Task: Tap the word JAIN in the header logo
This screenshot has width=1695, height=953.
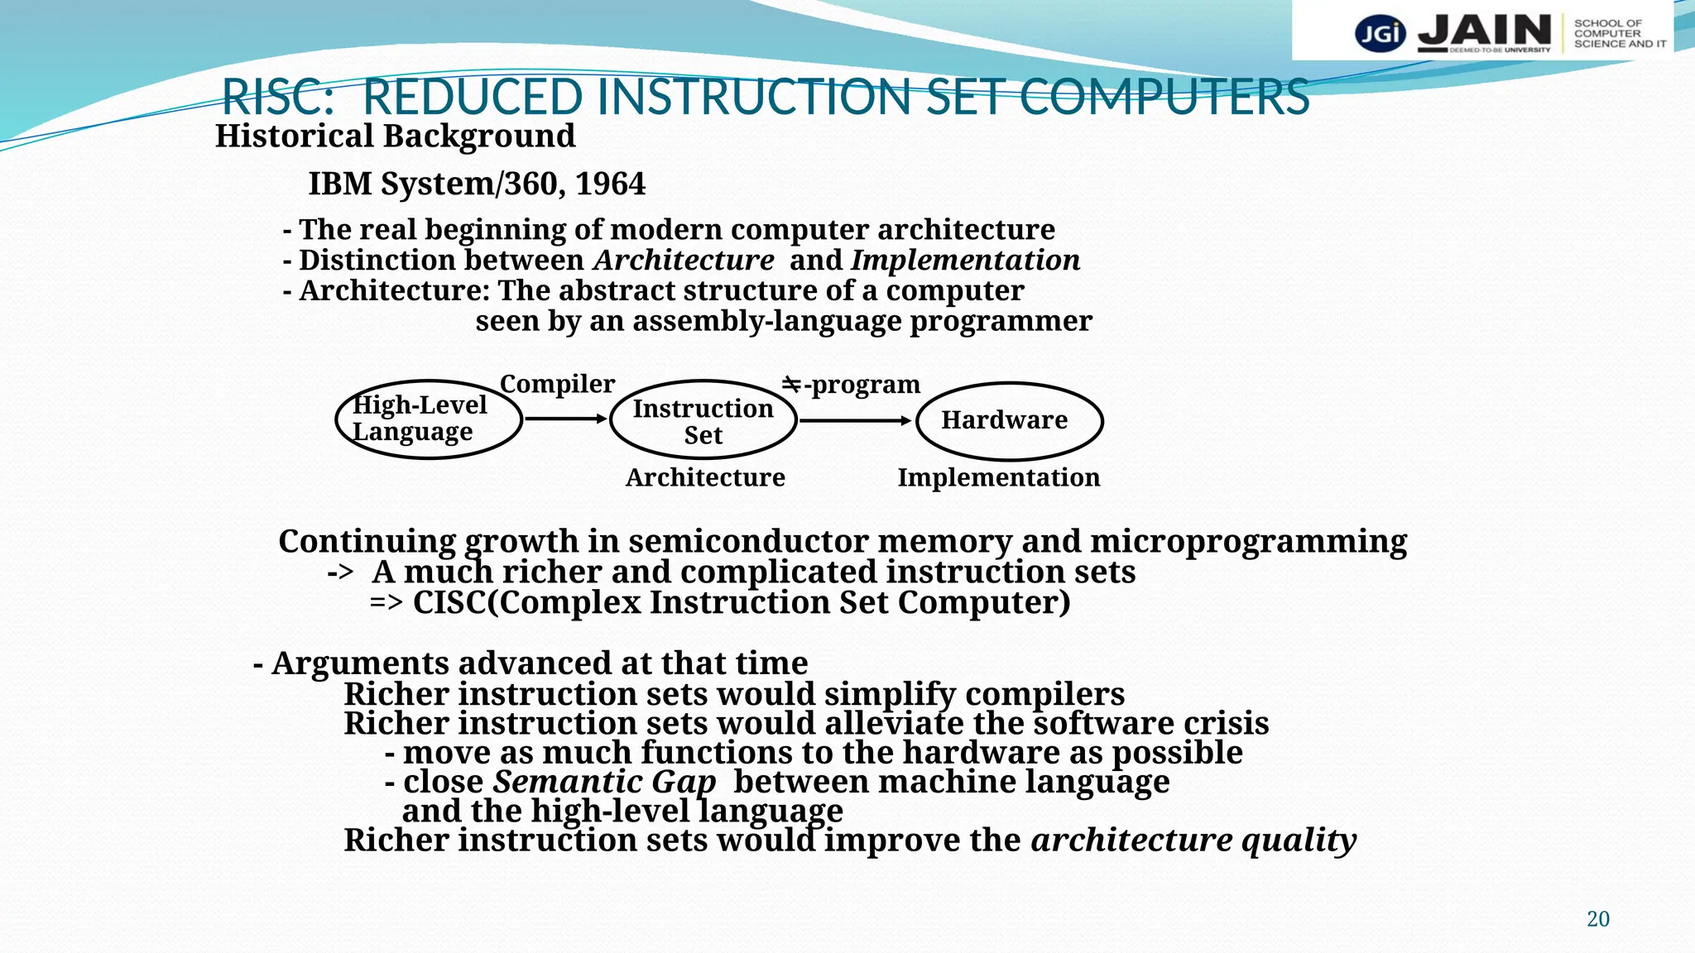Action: click(x=1484, y=31)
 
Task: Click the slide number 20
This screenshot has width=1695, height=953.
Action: click(x=1597, y=918)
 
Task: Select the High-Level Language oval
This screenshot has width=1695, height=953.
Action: click(x=429, y=419)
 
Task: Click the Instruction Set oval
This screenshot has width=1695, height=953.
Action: click(x=703, y=420)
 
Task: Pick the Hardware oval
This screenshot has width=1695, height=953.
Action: click(x=1010, y=421)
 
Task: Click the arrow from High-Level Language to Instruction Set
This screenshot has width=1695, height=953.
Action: click(x=566, y=419)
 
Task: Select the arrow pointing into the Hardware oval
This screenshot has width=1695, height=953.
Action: click(x=856, y=421)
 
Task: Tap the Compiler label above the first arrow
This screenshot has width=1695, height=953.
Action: click(x=557, y=384)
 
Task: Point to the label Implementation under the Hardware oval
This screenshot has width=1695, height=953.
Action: click(x=999, y=477)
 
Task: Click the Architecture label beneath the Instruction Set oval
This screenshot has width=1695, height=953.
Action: click(x=705, y=477)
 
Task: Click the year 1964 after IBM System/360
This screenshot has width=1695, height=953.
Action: click(x=610, y=184)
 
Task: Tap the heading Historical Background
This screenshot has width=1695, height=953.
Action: click(x=395, y=136)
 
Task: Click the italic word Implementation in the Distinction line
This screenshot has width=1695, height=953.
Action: click(x=966, y=261)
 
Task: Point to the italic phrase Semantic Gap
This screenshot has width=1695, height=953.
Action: click(x=604, y=782)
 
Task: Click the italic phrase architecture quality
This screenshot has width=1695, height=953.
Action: click(x=1193, y=840)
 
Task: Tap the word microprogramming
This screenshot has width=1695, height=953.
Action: click(x=1248, y=542)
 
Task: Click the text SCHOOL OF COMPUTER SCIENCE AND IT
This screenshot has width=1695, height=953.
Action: click(x=1619, y=34)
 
